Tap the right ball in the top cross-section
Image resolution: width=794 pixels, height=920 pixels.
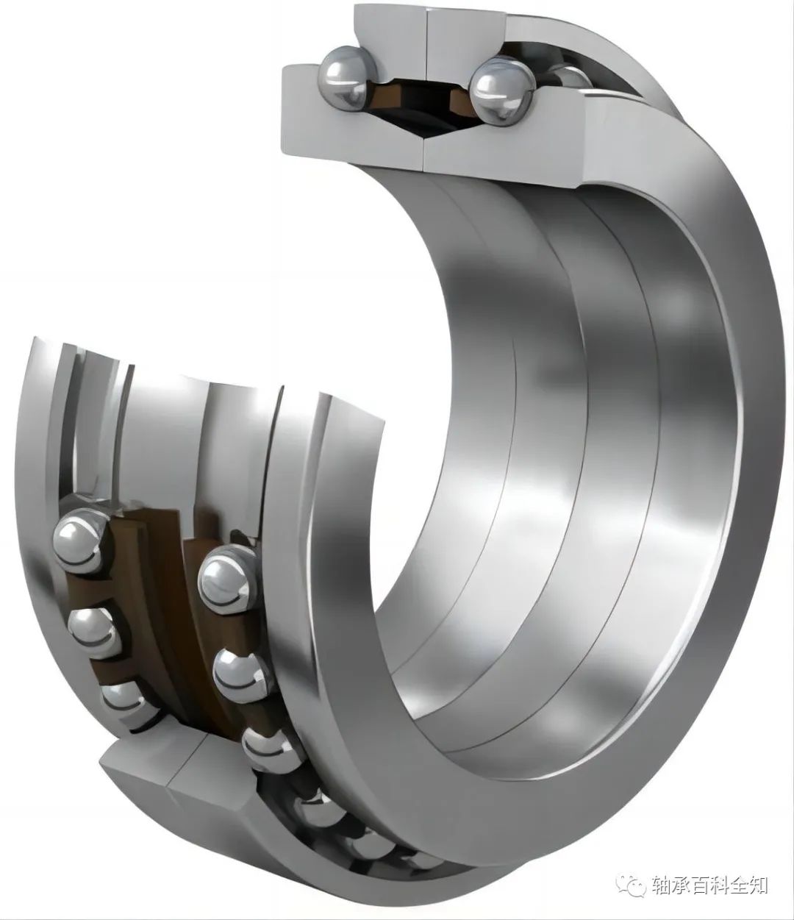(502, 90)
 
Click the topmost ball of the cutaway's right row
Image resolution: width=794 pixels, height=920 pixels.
(228, 579)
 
